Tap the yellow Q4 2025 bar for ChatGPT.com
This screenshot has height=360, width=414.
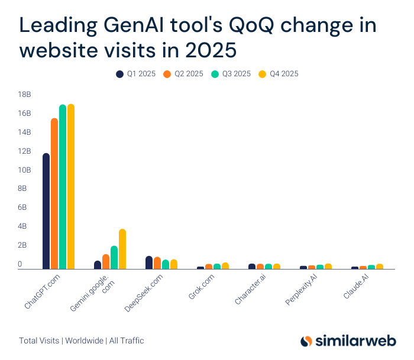(x=71, y=187)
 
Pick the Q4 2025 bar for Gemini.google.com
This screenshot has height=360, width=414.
(x=122, y=249)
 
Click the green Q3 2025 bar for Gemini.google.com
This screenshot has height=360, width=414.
(x=114, y=258)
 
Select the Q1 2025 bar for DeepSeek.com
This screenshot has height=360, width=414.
(x=149, y=262)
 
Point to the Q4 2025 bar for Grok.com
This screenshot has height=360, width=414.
(x=225, y=266)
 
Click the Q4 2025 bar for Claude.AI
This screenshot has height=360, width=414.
(x=380, y=267)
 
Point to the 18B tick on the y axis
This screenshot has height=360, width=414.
(x=24, y=95)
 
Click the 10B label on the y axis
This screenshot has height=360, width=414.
(x=24, y=170)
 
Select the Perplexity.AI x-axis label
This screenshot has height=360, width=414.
(x=302, y=290)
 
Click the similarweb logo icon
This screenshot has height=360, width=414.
(x=306, y=341)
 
